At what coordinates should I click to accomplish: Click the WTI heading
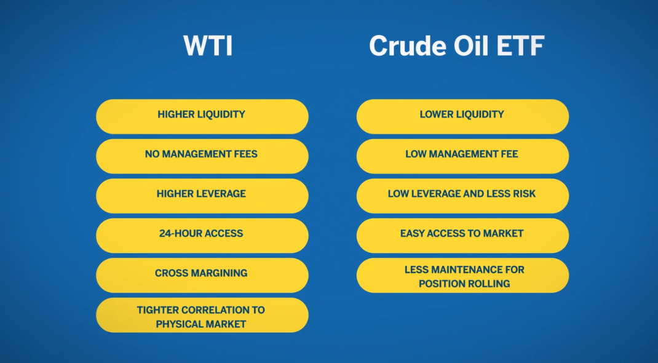point(208,46)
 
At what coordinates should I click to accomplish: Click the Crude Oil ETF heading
point(456,46)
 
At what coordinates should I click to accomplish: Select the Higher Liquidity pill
point(202,117)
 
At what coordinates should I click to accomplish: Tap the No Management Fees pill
point(202,156)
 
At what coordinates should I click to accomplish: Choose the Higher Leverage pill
point(202,196)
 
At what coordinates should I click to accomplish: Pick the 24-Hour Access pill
point(202,236)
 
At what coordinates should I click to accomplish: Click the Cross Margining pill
point(202,275)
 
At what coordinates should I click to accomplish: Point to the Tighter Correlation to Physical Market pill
point(202,315)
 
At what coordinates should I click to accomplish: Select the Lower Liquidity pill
point(463,117)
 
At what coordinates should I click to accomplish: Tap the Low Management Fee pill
point(463,156)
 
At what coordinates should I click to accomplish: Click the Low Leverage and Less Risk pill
point(463,196)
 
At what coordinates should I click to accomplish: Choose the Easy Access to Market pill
point(463,236)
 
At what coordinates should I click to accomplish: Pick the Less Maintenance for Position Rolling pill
point(463,275)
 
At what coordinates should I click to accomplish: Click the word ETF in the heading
point(521,46)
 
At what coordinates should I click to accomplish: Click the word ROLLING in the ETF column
point(488,284)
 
